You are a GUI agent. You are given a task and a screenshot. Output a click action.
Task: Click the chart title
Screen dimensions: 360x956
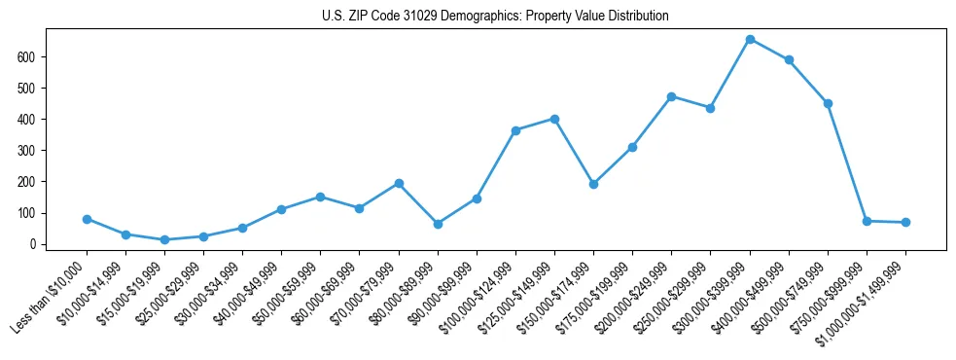click(495, 17)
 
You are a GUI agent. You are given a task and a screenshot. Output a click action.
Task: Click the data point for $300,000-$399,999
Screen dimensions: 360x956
click(750, 39)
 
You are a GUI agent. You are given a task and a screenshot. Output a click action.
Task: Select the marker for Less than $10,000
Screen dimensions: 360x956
click(87, 219)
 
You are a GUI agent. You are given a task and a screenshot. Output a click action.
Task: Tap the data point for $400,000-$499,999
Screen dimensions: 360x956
click(789, 59)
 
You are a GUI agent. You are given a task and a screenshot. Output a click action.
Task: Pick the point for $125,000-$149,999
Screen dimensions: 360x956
click(554, 119)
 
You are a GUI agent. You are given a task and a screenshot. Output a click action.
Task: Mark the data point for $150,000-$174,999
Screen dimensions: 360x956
click(593, 184)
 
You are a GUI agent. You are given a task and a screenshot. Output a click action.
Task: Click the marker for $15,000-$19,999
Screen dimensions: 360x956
click(164, 239)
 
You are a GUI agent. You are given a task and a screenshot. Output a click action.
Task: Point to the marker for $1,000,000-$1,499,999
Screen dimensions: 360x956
click(905, 222)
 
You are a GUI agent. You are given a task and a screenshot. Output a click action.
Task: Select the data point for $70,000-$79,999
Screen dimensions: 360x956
click(399, 183)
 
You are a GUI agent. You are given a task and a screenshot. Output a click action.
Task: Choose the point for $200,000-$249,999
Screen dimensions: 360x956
click(671, 96)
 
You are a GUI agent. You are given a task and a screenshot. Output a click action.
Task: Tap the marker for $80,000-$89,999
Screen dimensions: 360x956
click(438, 224)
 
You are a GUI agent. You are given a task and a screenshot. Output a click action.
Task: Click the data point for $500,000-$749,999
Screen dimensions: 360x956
click(828, 103)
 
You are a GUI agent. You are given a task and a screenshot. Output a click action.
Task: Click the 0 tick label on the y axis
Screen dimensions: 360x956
click(33, 244)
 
